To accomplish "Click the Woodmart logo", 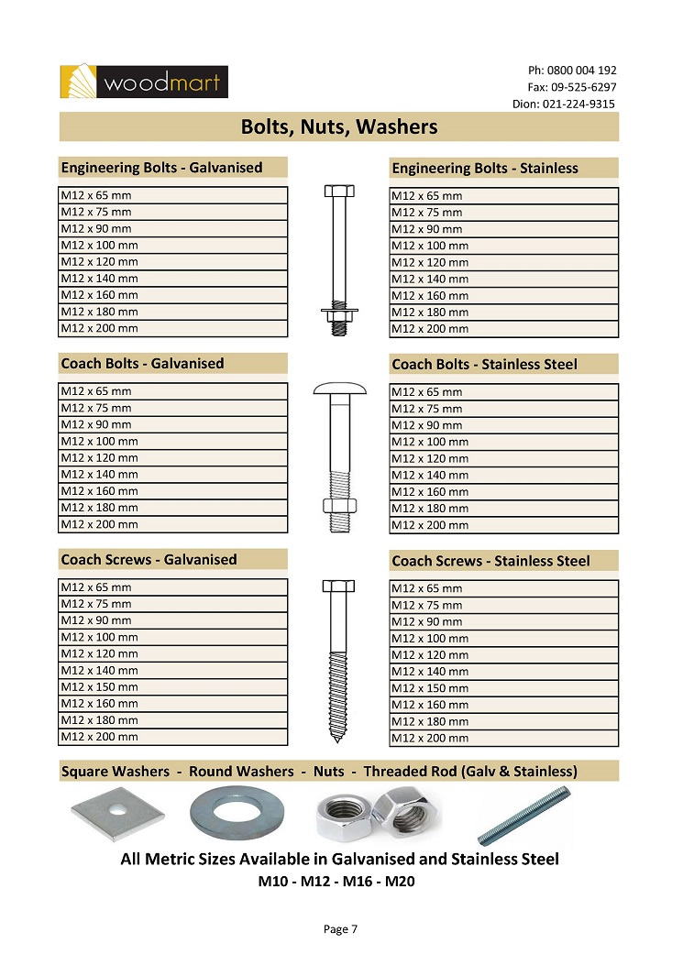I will pos(143,82).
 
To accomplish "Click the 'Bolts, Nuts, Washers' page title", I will pos(339,126).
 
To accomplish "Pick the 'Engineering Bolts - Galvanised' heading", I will pos(161,168).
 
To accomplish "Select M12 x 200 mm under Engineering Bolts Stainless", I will pos(430,329).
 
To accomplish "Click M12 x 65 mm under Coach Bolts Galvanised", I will pos(96,391).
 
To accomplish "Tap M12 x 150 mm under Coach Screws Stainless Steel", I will pos(430,688).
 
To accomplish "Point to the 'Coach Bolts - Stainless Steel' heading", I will pos(484,365).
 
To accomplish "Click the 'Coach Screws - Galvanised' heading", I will pos(149,560).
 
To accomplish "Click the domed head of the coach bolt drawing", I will pos(339,390).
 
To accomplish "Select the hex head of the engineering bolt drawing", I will pos(339,192).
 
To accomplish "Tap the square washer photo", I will pos(117,809).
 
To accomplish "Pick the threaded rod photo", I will pos(523,814).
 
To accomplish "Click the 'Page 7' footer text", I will pos(340,929).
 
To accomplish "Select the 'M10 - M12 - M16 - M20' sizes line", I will pos(339,883).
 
